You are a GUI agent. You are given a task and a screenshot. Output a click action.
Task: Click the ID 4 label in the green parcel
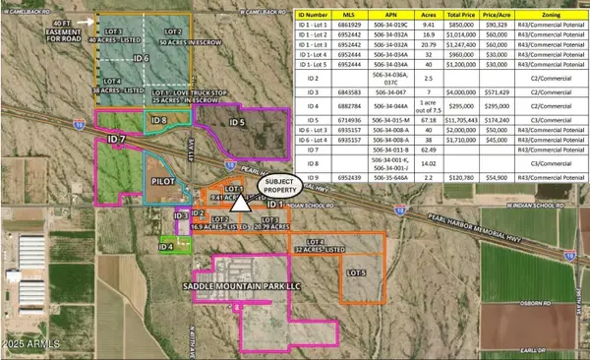pyautogui.click(x=167, y=246)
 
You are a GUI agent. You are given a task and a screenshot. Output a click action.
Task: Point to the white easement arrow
pyautogui.click(x=95, y=20)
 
